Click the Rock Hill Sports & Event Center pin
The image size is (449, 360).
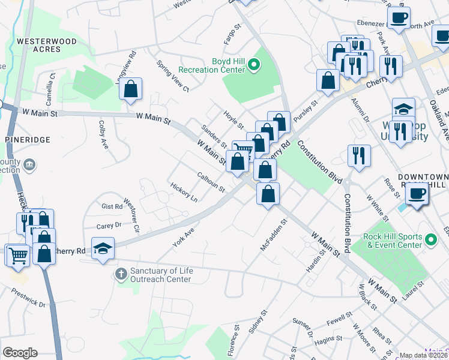pyautogui.click(x=430, y=240)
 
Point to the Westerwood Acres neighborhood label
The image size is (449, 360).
pyautogui.click(x=47, y=45)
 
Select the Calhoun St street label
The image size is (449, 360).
pyautogui.click(x=211, y=182)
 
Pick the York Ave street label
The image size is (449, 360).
pyautogui.click(x=183, y=239)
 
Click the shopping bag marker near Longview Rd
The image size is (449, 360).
pyautogui.click(x=130, y=89)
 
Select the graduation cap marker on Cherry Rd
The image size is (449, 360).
pyautogui.click(x=103, y=248)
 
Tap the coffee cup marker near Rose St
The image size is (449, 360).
pyautogui.click(x=415, y=193)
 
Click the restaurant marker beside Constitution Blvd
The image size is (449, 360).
pyautogui.click(x=358, y=155)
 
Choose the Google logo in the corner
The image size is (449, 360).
pyautogui.click(x=20, y=353)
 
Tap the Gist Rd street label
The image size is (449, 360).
pyautogui.click(x=112, y=206)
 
